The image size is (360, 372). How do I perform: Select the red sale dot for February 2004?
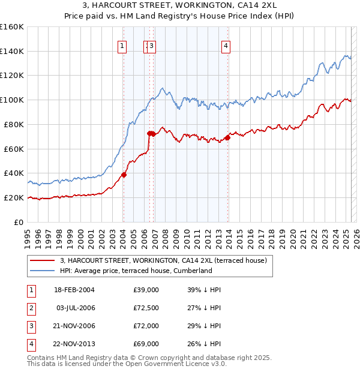pyautogui.click(x=124, y=175)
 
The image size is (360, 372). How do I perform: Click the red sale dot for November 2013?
pyautogui.click(x=228, y=138)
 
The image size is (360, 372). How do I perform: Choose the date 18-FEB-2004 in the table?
pyautogui.click(x=74, y=290)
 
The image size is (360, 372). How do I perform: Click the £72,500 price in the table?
pyautogui.click(x=146, y=308)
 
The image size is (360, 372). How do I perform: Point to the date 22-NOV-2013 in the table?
pyautogui.click(x=74, y=344)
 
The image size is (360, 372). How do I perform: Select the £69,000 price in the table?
pyautogui.click(x=146, y=344)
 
